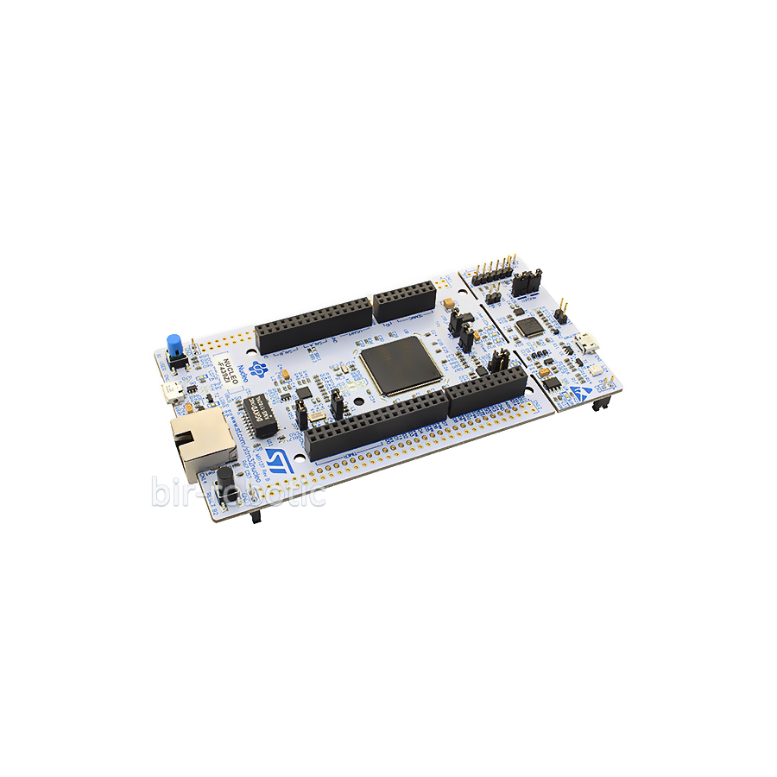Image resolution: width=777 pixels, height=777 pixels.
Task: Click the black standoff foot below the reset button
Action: point(255,517)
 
